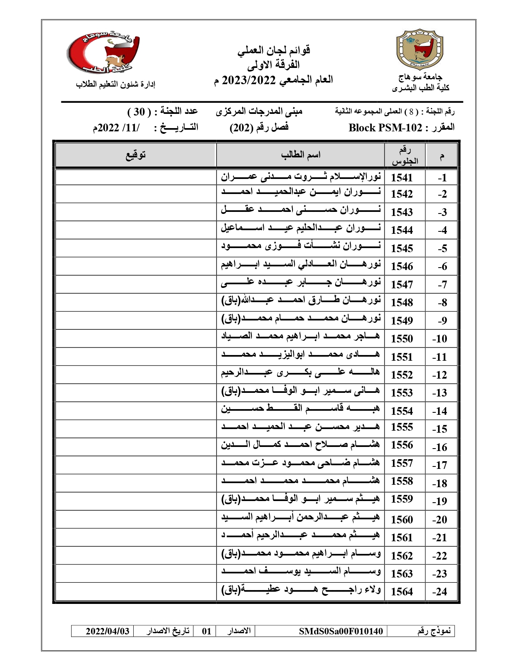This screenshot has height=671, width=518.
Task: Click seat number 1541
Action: (x=401, y=178)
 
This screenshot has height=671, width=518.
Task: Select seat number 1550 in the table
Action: (x=401, y=339)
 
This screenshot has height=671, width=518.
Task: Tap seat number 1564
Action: (x=401, y=592)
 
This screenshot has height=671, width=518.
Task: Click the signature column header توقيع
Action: (x=135, y=155)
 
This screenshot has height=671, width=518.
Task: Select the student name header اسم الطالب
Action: (x=300, y=155)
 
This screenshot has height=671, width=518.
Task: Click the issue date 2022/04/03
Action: (x=107, y=631)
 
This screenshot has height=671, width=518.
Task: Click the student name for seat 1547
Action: (x=301, y=284)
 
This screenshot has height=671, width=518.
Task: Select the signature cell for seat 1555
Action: (x=135, y=429)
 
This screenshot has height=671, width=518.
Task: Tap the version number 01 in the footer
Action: (x=206, y=631)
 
